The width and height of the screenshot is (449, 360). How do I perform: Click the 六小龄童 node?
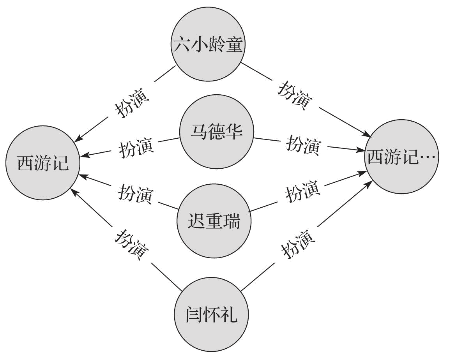tap(209, 45)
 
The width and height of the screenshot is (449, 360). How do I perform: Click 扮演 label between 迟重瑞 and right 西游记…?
tap(303, 191)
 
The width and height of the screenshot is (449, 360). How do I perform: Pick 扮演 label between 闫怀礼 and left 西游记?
tap(131, 245)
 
